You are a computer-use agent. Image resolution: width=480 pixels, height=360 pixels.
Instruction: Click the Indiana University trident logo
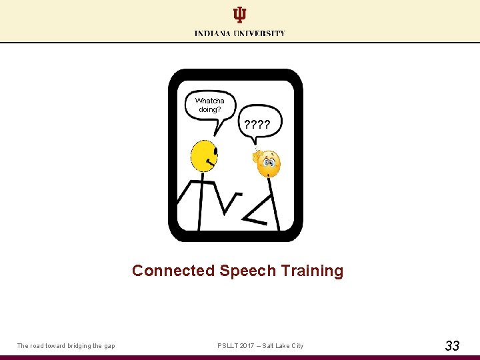click(x=239, y=15)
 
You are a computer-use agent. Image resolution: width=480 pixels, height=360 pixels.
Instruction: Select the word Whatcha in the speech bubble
click(x=209, y=101)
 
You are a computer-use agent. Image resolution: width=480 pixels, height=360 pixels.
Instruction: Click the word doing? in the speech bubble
click(x=209, y=109)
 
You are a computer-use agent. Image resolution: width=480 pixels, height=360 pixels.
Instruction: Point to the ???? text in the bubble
click(x=257, y=124)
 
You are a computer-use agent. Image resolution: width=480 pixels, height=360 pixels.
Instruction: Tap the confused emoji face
click(x=269, y=163)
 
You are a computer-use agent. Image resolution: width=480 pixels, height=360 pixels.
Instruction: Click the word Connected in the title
click(x=173, y=271)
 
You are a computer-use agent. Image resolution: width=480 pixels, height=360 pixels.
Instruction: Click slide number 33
click(x=452, y=345)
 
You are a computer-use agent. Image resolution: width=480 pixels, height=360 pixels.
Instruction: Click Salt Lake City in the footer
click(x=283, y=345)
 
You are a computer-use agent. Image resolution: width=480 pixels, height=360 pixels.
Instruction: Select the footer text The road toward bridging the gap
click(x=66, y=345)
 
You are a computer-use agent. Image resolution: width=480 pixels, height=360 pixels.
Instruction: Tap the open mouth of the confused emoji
click(x=269, y=171)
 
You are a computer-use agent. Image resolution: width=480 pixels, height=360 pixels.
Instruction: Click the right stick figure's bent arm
click(x=257, y=213)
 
